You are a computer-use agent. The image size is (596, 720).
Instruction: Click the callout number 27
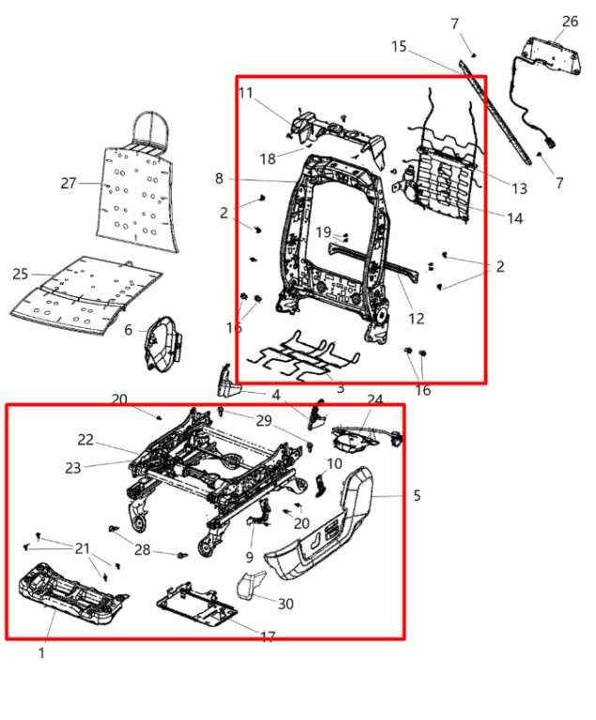[x=68, y=184]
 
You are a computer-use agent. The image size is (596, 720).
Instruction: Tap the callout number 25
[x=21, y=274]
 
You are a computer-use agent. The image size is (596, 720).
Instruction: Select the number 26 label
[x=570, y=21]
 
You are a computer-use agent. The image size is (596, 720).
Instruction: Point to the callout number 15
[x=399, y=46]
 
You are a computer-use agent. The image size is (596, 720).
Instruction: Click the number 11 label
[x=246, y=92]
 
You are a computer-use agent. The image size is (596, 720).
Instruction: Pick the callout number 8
[x=219, y=178]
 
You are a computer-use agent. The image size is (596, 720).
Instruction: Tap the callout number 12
[x=416, y=319]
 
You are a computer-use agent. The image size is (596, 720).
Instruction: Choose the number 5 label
[x=417, y=494]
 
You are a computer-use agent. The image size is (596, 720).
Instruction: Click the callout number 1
[x=41, y=652]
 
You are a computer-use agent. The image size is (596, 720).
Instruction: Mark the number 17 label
[x=267, y=637]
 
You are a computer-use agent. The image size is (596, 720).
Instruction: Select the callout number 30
[x=284, y=604]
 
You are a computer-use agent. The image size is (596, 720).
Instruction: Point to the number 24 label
[x=374, y=399]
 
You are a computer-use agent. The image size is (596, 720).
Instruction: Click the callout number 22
[x=85, y=440]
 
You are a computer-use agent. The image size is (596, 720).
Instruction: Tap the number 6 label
[x=129, y=330]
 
